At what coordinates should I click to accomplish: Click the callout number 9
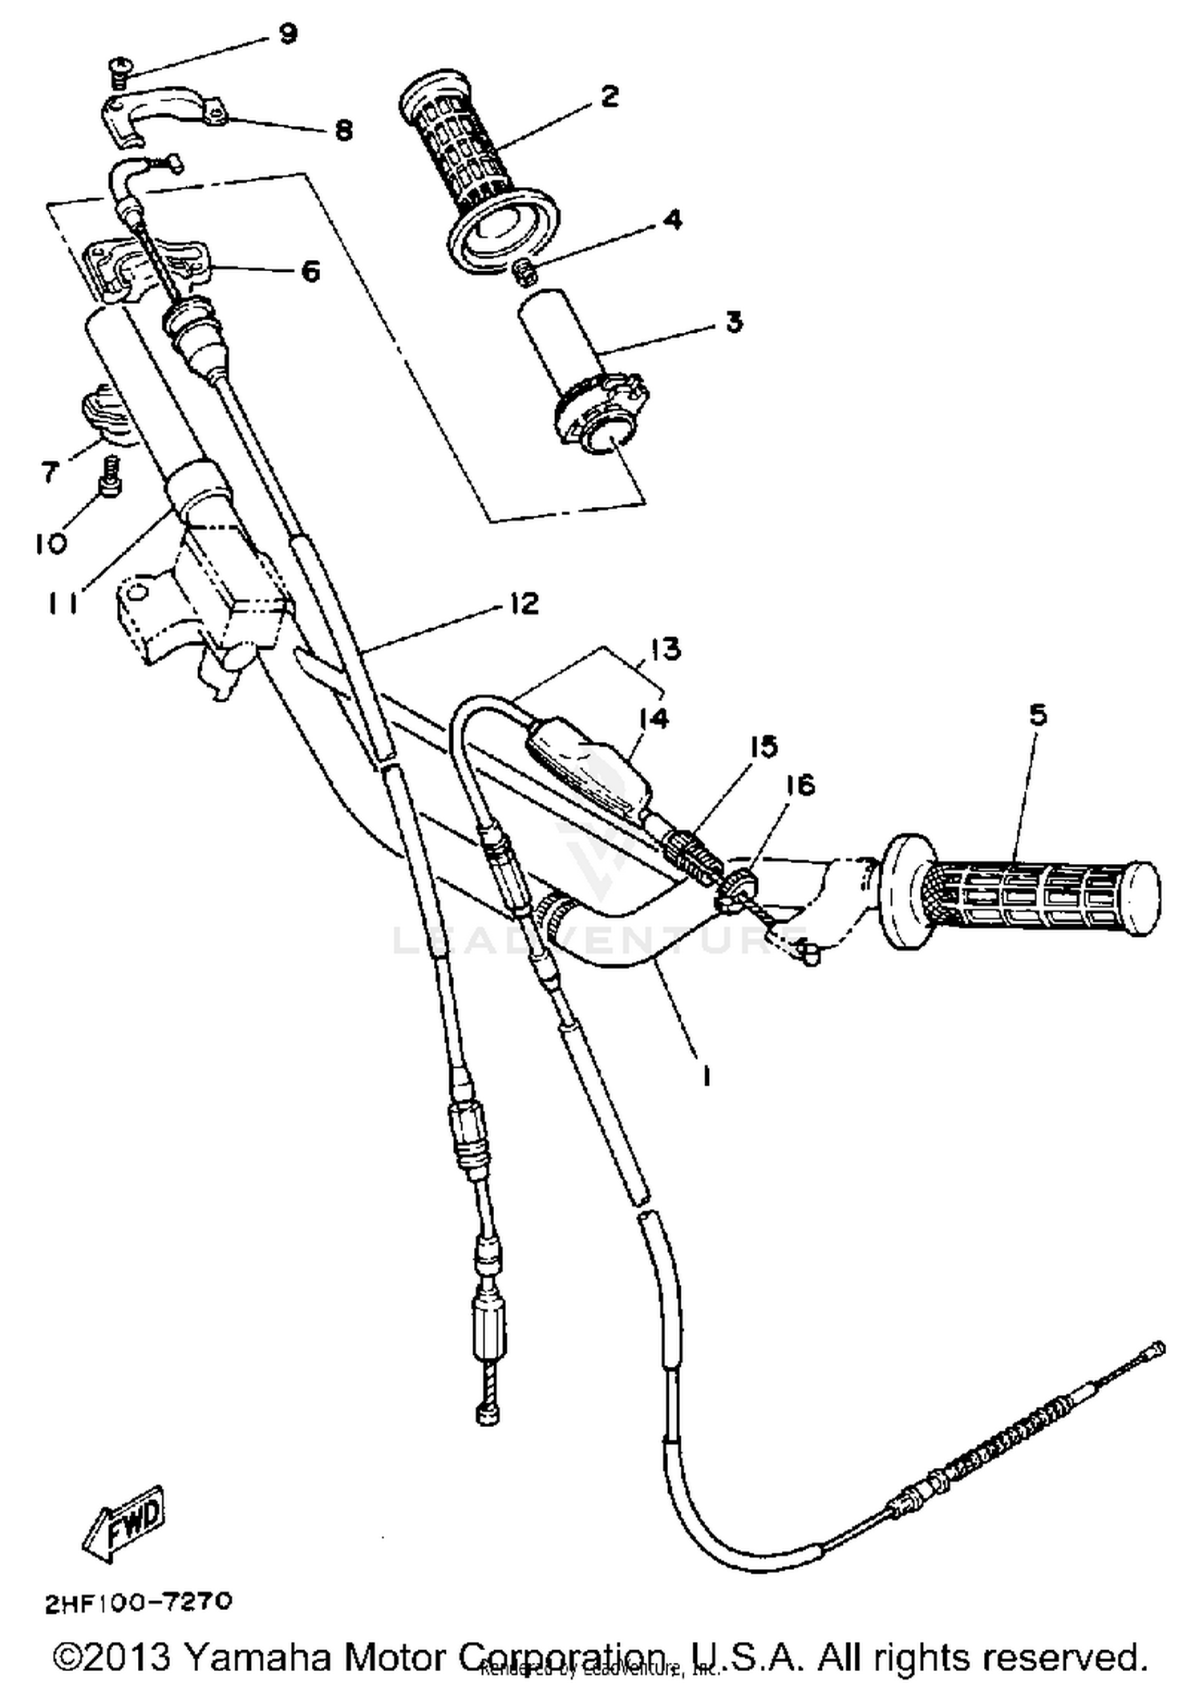286,34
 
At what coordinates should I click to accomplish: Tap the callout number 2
610,97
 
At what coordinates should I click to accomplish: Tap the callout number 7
51,472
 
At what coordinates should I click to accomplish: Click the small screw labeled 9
118,78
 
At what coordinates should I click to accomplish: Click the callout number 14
654,718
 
